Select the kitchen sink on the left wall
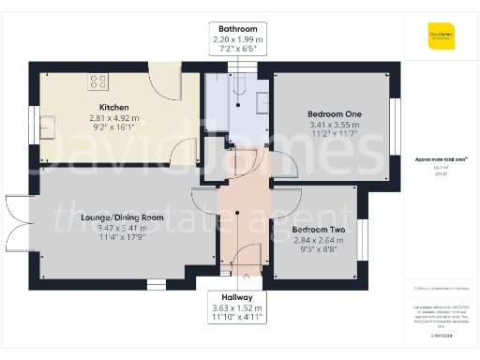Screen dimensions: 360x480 [x=48, y=121]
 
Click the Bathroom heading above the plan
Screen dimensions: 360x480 [x=237, y=28]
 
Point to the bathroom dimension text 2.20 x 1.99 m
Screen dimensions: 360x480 [x=237, y=40]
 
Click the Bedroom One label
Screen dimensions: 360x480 [x=333, y=114]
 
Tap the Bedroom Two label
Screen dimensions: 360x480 [x=319, y=230]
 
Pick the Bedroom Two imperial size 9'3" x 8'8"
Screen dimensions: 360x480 [x=319, y=250]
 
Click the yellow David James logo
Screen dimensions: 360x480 [x=440, y=37]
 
